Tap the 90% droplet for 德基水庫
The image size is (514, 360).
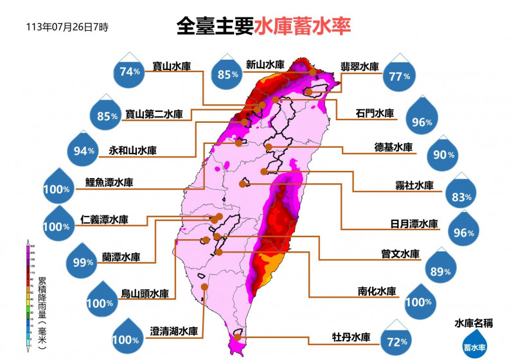[x=444, y=154]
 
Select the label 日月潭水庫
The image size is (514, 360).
[x=414, y=224]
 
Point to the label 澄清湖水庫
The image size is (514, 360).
[x=173, y=332]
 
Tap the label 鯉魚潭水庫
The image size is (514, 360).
[x=109, y=183]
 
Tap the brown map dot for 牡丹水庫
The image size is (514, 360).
[x=238, y=336]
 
